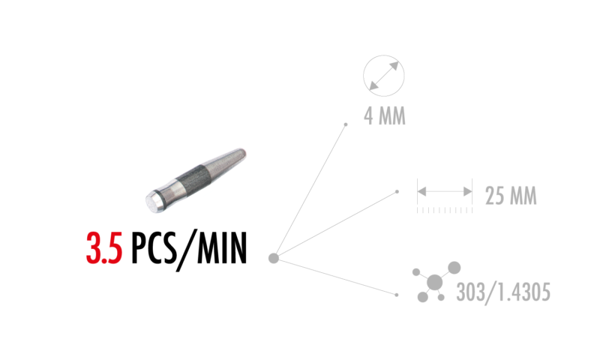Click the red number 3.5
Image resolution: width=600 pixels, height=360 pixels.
point(104,248)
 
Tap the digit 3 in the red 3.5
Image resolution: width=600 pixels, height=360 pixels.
point(94,248)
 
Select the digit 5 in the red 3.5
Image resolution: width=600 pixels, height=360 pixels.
point(114,249)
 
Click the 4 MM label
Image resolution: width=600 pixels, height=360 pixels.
point(385,116)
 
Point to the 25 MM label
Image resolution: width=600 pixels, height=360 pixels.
point(511,196)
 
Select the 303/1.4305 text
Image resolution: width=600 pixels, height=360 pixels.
point(503,292)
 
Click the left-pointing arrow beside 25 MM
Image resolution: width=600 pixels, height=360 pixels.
point(422,192)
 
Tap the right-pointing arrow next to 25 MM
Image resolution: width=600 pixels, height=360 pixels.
point(467,192)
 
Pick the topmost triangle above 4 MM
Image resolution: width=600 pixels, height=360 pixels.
point(394,66)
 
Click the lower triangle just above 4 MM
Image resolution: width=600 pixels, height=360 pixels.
point(373,86)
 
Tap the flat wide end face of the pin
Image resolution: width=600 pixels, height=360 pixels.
point(151,199)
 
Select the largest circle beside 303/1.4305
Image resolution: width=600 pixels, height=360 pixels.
point(434,282)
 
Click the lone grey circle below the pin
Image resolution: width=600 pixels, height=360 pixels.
point(274,258)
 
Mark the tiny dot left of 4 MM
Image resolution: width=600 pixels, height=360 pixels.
point(346,124)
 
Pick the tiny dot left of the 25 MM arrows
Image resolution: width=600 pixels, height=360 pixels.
point(397,192)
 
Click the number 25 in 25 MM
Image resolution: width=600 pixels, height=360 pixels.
point(493,196)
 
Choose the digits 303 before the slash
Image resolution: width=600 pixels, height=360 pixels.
point(469,292)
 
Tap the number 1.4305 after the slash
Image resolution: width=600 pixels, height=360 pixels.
point(522,292)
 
